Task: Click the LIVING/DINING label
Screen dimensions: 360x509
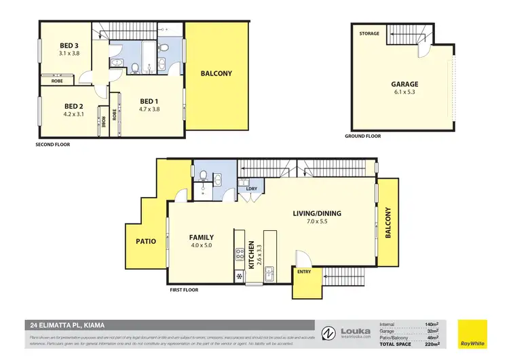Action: (316, 213)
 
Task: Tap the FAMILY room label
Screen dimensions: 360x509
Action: (202, 238)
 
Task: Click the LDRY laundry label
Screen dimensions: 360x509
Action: (242, 188)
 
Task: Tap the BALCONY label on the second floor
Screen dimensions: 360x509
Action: (216, 74)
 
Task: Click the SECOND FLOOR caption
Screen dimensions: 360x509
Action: (52, 145)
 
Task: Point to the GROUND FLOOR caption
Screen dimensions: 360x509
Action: (363, 136)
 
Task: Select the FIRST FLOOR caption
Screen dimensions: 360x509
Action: (185, 289)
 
